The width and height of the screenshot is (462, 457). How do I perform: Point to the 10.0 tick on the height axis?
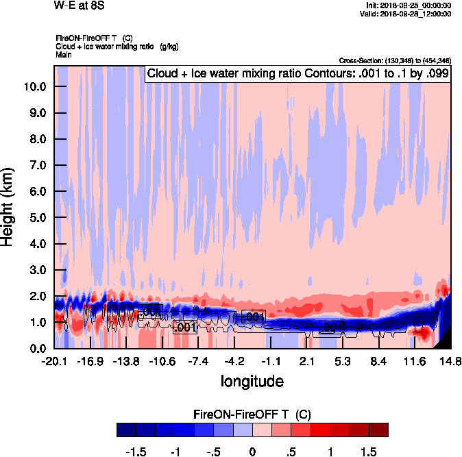(x=34, y=87)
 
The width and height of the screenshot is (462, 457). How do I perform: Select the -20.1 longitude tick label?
(x=54, y=361)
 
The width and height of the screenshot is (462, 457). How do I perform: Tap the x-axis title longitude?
(x=252, y=380)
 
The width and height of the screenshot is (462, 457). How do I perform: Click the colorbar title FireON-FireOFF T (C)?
(x=253, y=415)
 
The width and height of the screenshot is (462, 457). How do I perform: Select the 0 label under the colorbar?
(x=253, y=452)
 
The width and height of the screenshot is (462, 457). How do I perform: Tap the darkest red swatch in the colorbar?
(x=379, y=430)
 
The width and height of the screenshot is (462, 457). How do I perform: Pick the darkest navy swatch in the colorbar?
(x=126, y=430)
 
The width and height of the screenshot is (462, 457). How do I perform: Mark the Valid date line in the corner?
(x=406, y=14)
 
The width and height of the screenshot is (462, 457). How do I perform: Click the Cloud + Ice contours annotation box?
(x=297, y=74)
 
